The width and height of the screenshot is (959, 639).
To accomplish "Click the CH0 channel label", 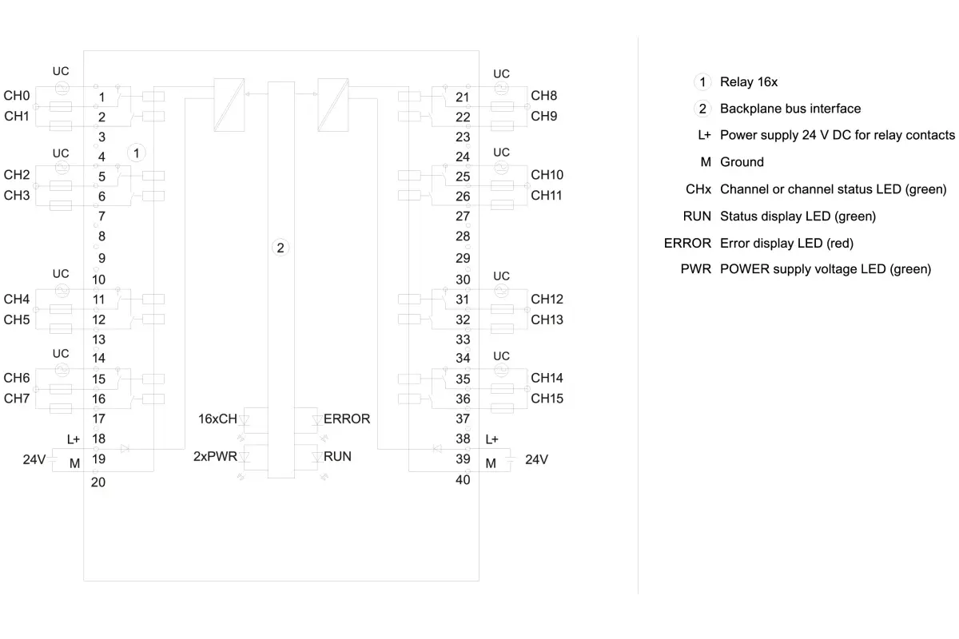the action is pos(17,95).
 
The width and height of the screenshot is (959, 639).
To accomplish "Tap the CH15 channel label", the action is pos(547,399).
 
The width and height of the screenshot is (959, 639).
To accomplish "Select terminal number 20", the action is pos(98,482).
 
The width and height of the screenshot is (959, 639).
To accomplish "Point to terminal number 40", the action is pos(463,480).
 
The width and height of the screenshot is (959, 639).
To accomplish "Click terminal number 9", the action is pos(102,258).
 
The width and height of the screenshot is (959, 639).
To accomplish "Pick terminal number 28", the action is pos(463,236).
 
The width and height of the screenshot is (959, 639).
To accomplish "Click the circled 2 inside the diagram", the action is pos(281,248).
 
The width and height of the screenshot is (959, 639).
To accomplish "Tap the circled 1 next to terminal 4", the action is pos(136,153).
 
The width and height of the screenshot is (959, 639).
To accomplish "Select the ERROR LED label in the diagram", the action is pos(347,419).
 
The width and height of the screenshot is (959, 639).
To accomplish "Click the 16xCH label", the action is pos(217,419).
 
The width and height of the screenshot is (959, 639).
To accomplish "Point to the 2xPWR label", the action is pos(215,456).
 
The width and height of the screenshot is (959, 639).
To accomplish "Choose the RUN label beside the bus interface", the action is pos(337,456).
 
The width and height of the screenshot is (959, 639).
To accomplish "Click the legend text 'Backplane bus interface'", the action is pos(790,109).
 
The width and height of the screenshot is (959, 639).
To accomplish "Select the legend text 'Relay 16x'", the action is pos(749,81).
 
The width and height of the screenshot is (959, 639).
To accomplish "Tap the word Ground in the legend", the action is pos(742,162).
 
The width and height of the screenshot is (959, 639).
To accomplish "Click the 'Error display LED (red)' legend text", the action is pos(787,243).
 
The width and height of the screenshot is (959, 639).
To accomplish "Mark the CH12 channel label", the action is pos(547,299).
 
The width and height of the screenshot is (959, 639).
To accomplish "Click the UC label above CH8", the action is pos(501,74).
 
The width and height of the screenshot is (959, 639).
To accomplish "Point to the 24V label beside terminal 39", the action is pos(536,459).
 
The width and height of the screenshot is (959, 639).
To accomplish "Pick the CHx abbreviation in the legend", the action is pos(698,189).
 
